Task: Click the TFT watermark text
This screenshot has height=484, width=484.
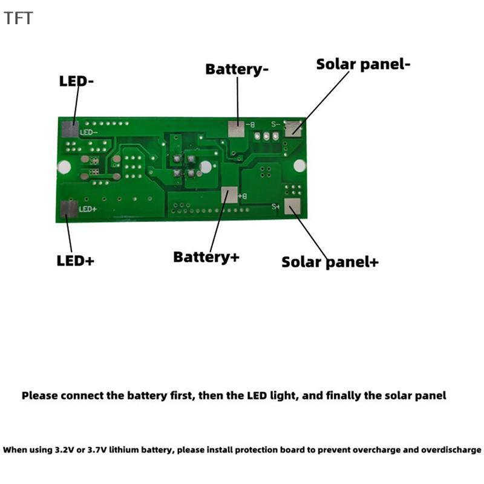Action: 18,18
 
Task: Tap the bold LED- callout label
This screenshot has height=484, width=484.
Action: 76,81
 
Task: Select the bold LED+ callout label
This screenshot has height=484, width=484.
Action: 75,261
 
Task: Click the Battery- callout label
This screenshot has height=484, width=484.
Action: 237,70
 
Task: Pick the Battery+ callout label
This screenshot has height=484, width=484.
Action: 206,257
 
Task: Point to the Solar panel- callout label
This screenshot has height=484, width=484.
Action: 364,64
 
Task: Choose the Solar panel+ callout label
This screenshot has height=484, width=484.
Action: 330,262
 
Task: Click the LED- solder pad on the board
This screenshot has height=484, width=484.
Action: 70,129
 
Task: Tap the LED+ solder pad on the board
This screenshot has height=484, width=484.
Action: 69,209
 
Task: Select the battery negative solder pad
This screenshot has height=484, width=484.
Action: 236,129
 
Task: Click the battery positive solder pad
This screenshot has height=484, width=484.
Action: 229,195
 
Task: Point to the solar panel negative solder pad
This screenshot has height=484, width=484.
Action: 293,128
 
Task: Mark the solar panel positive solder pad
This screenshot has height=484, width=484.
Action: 292,206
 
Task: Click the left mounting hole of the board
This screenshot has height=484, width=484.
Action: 64,167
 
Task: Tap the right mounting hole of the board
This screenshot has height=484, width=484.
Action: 299,166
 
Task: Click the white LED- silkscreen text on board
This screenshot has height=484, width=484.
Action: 88,132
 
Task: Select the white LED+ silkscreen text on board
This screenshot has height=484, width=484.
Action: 88,209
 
